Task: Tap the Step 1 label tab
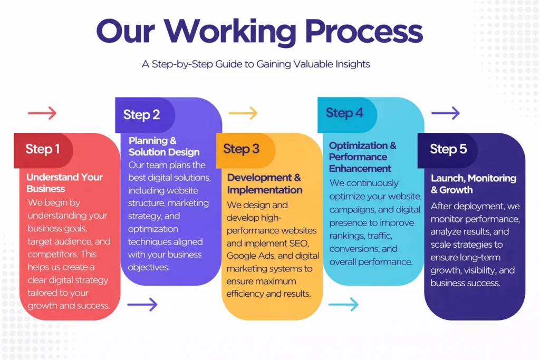coord(43,149)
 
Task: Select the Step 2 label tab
coord(141,115)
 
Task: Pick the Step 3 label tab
coord(242,149)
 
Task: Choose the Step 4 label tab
coord(344,113)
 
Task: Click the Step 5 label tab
coord(448,149)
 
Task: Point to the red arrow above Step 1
coord(42,113)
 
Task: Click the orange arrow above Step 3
coord(243,113)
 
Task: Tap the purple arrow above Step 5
coord(446,113)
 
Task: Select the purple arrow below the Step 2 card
coord(142,304)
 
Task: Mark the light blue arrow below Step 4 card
coord(343,304)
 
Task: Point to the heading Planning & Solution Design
coord(164,147)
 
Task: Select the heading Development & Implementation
coord(265,183)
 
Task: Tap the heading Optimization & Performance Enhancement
coord(363,157)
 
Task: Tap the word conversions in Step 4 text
coord(354,249)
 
